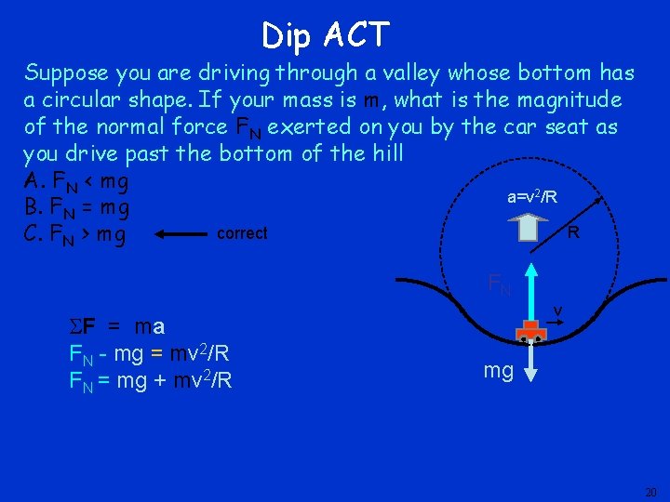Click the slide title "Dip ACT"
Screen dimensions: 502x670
pyautogui.click(x=325, y=35)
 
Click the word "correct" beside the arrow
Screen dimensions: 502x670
pyautogui.click(x=242, y=234)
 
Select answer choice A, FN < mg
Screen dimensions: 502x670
pyautogui.click(x=76, y=179)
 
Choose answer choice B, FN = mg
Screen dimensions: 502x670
pyautogui.click(x=76, y=206)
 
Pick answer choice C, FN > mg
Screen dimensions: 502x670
pyautogui.click(x=76, y=234)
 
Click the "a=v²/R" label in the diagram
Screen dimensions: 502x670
pyautogui.click(x=532, y=197)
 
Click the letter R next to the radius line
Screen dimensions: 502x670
pyautogui.click(x=573, y=232)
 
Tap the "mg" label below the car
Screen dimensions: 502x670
pyautogui.click(x=500, y=371)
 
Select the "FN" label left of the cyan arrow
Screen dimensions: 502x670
pyautogui.click(x=499, y=284)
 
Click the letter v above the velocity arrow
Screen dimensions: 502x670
pyautogui.click(x=556, y=310)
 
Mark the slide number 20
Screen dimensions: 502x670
pyautogui.click(x=650, y=491)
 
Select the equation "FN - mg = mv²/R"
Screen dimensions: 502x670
pyautogui.click(x=150, y=354)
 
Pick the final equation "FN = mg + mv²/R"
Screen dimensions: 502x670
pyautogui.click(x=151, y=380)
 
